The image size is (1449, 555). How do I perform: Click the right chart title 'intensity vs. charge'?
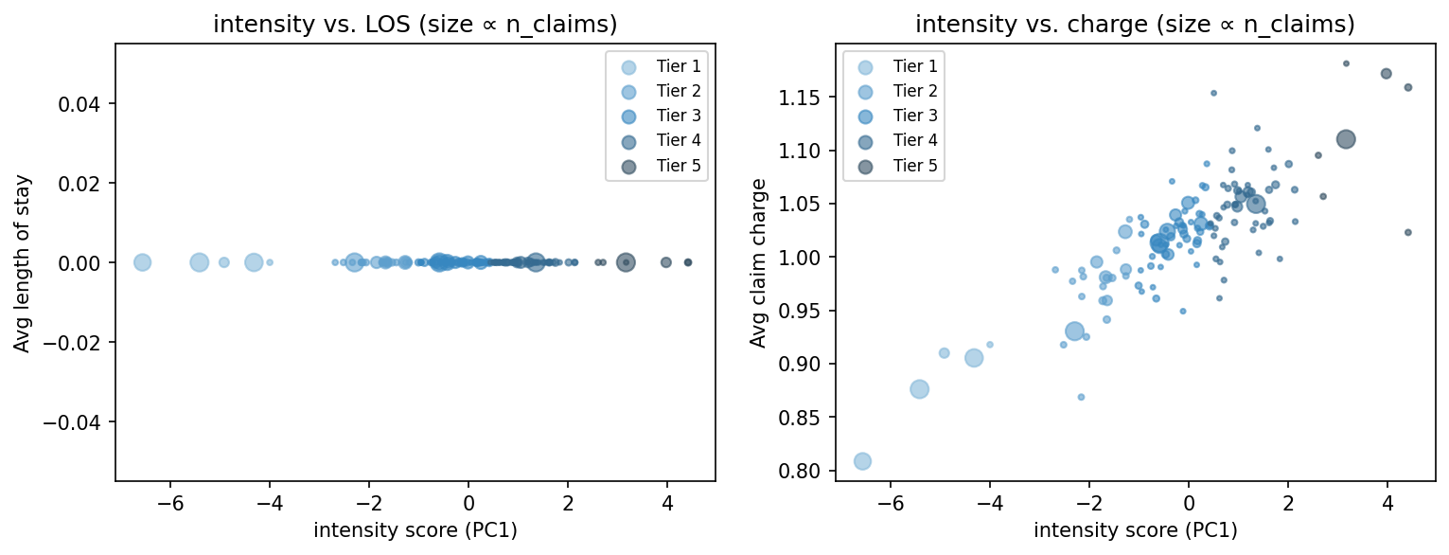[x=1135, y=26]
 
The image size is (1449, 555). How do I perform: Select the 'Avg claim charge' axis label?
[x=757, y=262]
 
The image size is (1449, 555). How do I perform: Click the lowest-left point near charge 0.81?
[x=862, y=461]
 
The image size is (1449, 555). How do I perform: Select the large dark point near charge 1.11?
[x=1346, y=139]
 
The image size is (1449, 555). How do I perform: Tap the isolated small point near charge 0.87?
[x=1081, y=397]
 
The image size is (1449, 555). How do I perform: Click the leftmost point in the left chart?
[x=142, y=262]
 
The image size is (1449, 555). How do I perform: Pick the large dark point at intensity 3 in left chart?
[x=626, y=262]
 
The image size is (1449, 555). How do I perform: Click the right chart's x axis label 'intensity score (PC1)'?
[x=1135, y=530]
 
